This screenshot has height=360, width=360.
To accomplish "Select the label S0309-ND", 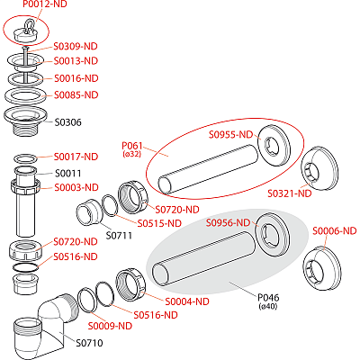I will (76, 44).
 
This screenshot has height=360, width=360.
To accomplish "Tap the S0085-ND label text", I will (76, 94).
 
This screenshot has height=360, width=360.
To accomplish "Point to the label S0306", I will (69, 121).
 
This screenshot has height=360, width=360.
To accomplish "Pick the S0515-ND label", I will (159, 222).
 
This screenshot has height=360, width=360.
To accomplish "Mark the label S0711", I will (119, 236).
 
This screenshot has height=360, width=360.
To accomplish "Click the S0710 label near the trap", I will (89, 343).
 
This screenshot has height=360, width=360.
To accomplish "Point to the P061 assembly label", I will (132, 145).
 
